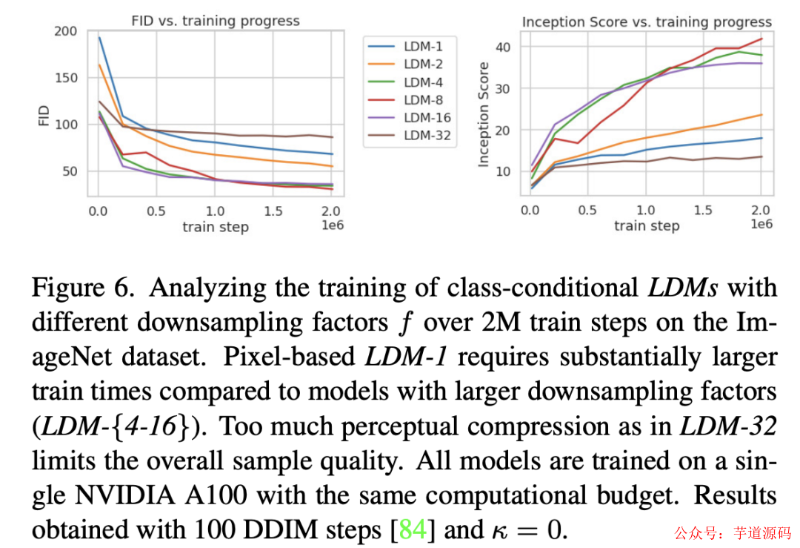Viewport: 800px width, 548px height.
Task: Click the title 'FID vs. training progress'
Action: tap(215, 21)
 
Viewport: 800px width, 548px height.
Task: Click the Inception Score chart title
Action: tap(647, 22)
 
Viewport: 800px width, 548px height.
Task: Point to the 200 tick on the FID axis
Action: tap(65, 31)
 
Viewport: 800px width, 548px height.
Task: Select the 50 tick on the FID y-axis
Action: tap(69, 171)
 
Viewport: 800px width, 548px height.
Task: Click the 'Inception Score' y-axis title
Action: tap(484, 114)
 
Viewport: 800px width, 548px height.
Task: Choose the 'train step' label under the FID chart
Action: tap(215, 227)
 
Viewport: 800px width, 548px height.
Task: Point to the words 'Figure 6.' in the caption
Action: tap(81, 288)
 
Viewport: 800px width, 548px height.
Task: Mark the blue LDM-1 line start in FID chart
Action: tap(99, 38)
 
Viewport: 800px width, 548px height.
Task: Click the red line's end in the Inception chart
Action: tap(761, 39)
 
